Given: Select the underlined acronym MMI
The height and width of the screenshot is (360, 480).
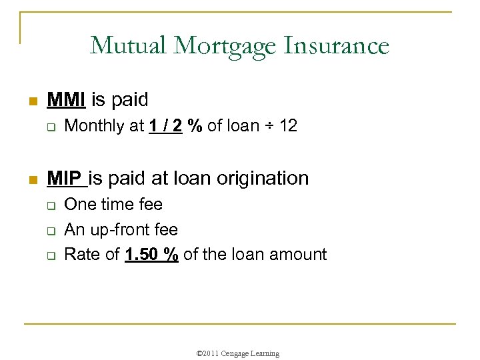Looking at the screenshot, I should [x=66, y=100].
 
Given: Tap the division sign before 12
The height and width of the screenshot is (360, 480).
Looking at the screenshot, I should [x=268, y=126].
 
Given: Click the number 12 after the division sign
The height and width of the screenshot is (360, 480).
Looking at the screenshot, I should [x=287, y=126].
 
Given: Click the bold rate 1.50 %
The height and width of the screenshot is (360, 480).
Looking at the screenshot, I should [x=151, y=254].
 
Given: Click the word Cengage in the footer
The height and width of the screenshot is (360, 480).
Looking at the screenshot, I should [x=238, y=353].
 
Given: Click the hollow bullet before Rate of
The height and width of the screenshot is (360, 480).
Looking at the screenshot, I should [x=50, y=255].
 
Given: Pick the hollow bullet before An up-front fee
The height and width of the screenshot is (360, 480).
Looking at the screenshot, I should [x=50, y=231].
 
